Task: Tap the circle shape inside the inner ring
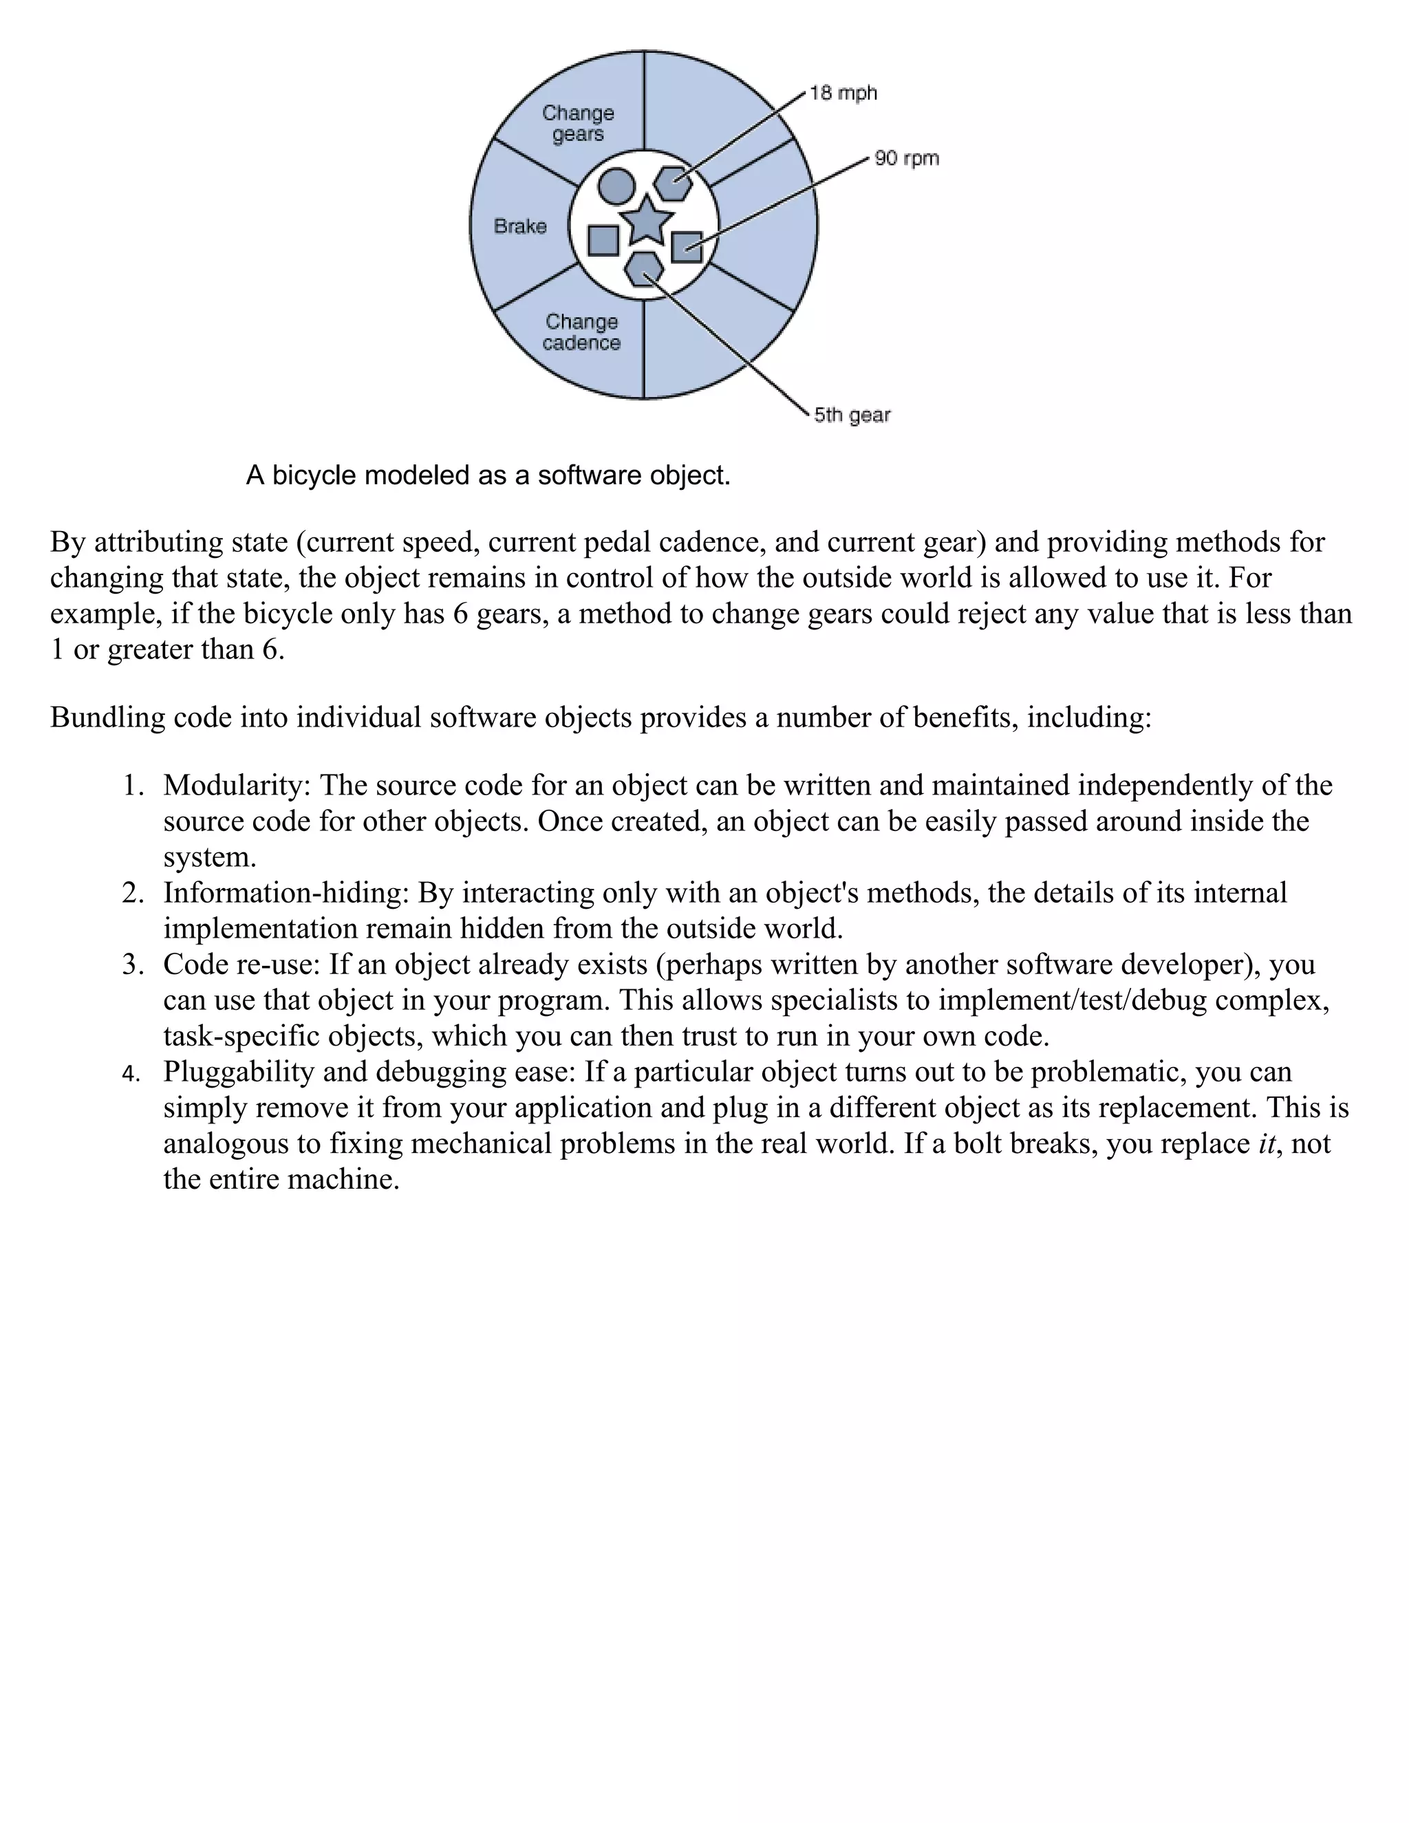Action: click(617, 185)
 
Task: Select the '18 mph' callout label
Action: click(843, 94)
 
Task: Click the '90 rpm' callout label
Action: click(907, 159)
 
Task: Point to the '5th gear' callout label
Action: click(852, 415)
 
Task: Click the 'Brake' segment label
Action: click(520, 226)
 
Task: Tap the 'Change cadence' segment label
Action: click(582, 332)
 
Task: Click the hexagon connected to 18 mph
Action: click(673, 183)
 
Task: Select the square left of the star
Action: click(603, 240)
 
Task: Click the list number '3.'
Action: click(133, 965)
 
